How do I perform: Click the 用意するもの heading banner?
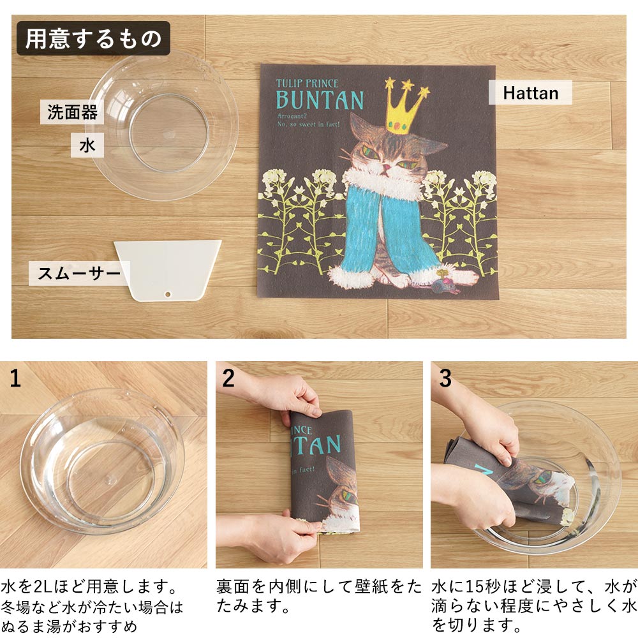(93, 38)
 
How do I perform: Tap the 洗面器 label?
(72, 112)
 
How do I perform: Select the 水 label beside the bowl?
(87, 145)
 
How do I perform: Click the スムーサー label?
(79, 273)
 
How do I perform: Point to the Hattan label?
(530, 93)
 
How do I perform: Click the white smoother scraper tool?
(168, 270)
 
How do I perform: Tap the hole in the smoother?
(168, 293)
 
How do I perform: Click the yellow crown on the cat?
(406, 107)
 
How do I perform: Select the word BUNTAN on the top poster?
(320, 100)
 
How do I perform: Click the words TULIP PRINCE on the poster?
(308, 84)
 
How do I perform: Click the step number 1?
(15, 378)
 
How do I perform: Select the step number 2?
(228, 378)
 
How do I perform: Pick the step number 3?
(445, 378)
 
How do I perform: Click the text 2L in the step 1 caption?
(42, 587)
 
